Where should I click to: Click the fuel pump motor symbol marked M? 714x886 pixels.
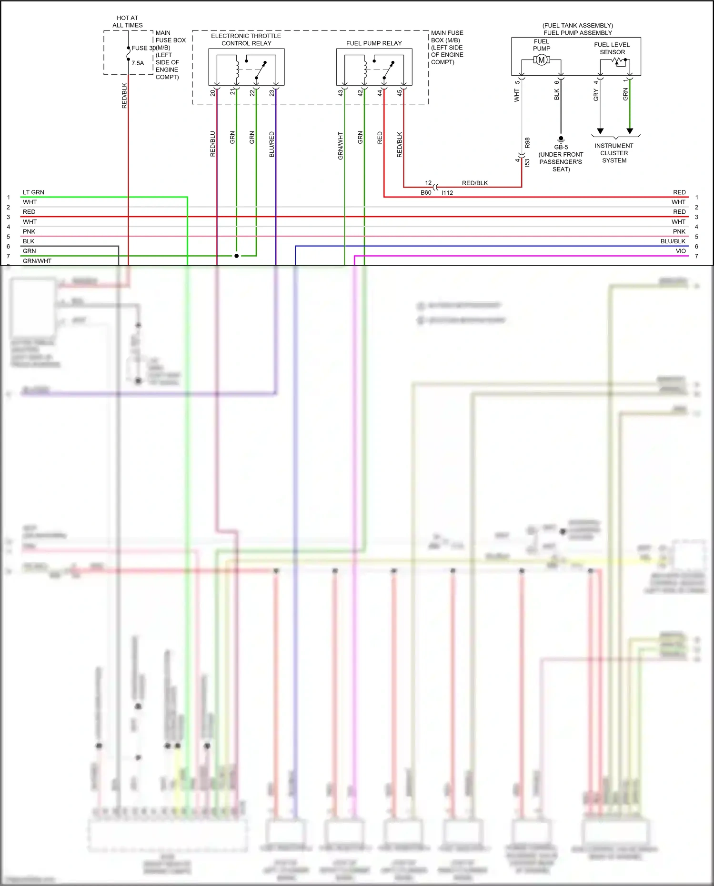tap(541, 60)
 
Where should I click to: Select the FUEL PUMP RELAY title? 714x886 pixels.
tap(374, 43)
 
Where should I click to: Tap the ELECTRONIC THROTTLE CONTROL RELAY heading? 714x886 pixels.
tap(246, 40)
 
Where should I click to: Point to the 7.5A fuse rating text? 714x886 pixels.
tap(138, 63)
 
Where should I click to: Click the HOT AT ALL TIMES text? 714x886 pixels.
tap(127, 21)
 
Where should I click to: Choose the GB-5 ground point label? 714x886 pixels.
tap(561, 147)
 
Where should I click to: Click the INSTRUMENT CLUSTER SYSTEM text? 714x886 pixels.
tap(614, 153)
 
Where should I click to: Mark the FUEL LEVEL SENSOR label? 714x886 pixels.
tap(612, 48)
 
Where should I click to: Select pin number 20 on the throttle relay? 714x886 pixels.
tap(213, 93)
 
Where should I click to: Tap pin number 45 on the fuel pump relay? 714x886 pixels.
tap(400, 93)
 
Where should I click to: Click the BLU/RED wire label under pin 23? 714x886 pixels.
tap(272, 144)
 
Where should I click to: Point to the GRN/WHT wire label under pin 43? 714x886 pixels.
tap(341, 146)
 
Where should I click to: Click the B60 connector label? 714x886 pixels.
tap(426, 193)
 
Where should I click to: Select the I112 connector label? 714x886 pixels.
tap(447, 193)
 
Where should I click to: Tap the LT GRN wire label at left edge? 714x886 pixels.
tap(33, 192)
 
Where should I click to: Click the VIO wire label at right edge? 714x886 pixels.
tap(681, 251)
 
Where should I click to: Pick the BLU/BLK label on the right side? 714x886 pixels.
tap(673, 241)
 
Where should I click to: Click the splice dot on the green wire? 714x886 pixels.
tap(236, 256)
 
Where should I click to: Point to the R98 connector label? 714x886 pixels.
tap(527, 143)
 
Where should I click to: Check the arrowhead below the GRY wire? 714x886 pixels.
tap(600, 131)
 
